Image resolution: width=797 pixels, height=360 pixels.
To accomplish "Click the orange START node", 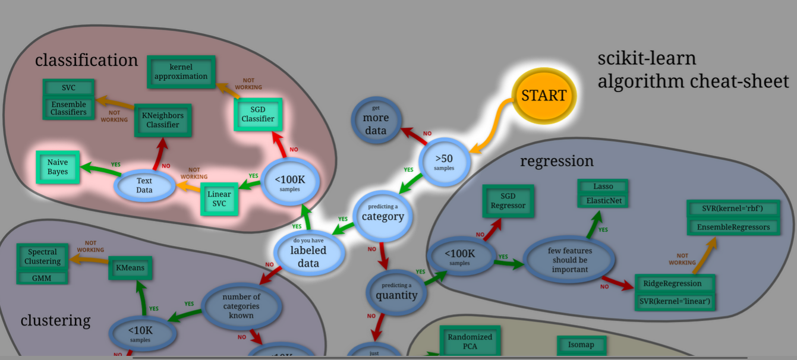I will coord(544,95).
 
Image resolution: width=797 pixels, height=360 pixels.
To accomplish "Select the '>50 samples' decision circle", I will coord(444,162).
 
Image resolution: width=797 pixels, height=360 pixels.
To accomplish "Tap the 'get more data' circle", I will coord(375,121).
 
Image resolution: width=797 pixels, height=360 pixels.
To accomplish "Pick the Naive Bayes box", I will coord(58,167).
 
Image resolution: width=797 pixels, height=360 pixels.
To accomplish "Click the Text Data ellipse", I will coord(144,185).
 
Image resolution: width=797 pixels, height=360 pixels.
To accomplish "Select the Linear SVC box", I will coord(219,199).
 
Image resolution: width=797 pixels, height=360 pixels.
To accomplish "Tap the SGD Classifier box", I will coord(258,114).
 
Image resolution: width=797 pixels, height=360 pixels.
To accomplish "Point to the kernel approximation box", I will coord(181,72).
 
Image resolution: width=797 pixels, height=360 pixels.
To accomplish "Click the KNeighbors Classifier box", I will coord(163,120).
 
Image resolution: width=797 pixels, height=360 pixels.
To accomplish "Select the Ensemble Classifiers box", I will coord(68,108).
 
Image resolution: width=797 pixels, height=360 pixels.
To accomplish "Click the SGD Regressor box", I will coord(508,201).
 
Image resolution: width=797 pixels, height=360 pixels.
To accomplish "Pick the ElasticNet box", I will coord(604,201).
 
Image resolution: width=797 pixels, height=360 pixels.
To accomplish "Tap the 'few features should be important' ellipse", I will coord(569,260).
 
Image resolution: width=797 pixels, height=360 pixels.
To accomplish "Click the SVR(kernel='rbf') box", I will coord(732,209).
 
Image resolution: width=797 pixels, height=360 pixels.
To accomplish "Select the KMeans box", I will coord(130,268).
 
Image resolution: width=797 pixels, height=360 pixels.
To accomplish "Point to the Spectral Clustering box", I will coord(42,257).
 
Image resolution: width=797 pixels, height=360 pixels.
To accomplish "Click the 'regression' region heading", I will coord(557,161).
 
